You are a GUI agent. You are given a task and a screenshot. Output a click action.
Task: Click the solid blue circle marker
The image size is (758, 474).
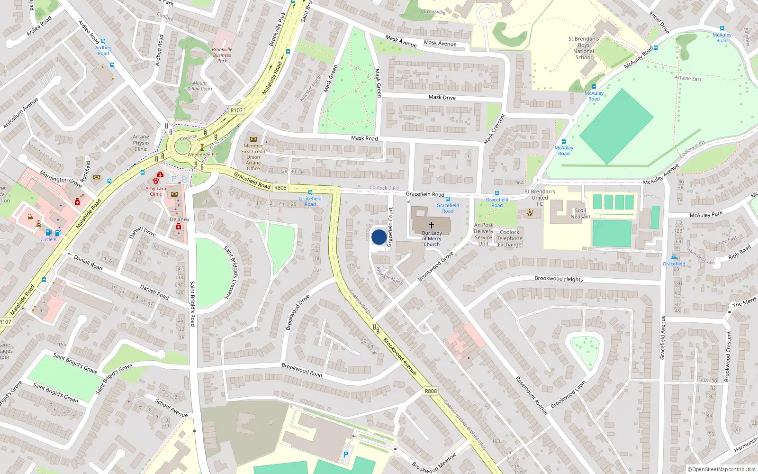(x=379, y=237)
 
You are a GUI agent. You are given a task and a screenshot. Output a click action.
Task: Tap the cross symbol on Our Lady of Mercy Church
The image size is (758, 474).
(x=432, y=225)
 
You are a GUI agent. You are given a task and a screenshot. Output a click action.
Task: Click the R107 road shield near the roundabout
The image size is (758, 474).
(x=236, y=110)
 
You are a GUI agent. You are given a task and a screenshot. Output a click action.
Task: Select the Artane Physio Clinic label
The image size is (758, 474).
(x=141, y=143)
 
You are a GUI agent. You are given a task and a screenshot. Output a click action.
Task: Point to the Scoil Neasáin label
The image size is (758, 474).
(x=580, y=213)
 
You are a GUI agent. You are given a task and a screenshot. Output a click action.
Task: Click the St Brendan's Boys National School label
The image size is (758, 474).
(x=584, y=48)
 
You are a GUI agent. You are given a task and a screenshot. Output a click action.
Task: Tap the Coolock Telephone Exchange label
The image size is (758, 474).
(x=509, y=238)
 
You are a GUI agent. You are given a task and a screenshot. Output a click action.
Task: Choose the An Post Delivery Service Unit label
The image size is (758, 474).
(x=483, y=234)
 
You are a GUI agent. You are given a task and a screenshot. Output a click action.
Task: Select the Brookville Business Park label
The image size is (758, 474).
(x=222, y=55)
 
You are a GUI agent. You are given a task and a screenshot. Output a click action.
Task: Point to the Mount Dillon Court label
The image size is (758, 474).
(x=199, y=86)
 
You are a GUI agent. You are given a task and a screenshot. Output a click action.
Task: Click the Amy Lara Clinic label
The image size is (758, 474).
(x=156, y=191)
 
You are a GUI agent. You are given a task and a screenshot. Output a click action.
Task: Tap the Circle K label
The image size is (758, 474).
(x=48, y=239)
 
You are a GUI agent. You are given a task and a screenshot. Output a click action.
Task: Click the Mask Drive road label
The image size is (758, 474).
(x=442, y=97)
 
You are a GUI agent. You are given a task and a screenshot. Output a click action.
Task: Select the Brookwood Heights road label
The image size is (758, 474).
(x=559, y=279)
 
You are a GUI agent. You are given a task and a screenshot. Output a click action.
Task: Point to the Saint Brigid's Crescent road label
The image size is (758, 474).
(x=232, y=272)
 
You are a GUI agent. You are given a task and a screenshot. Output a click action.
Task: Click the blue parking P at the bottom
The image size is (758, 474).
(x=346, y=455)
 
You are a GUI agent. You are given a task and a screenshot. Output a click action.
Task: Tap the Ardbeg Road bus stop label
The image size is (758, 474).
(x=103, y=50)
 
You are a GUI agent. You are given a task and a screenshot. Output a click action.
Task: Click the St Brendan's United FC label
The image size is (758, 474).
(x=540, y=198)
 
